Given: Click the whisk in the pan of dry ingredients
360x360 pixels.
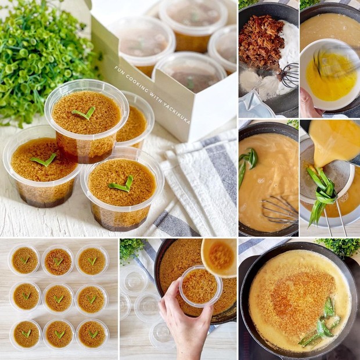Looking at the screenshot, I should [288, 75].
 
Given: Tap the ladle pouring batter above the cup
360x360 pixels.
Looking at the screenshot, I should [219, 255].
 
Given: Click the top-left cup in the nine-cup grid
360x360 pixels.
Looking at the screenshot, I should [24, 261].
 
